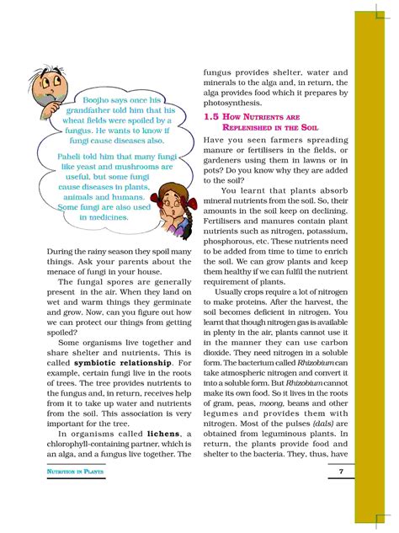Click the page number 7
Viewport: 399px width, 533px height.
tap(340, 472)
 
